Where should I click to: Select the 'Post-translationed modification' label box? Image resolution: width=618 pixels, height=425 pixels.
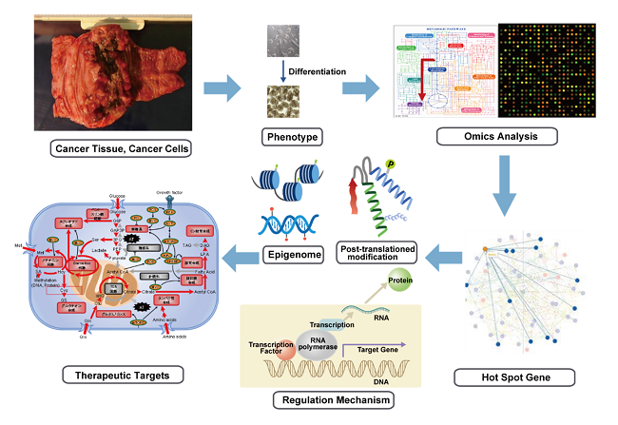tap(377, 253)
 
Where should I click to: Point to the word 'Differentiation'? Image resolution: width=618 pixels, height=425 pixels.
tap(317, 71)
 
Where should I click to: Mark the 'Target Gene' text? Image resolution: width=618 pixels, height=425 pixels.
tap(407, 347)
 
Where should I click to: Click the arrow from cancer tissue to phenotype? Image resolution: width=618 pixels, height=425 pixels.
tap(222, 88)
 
